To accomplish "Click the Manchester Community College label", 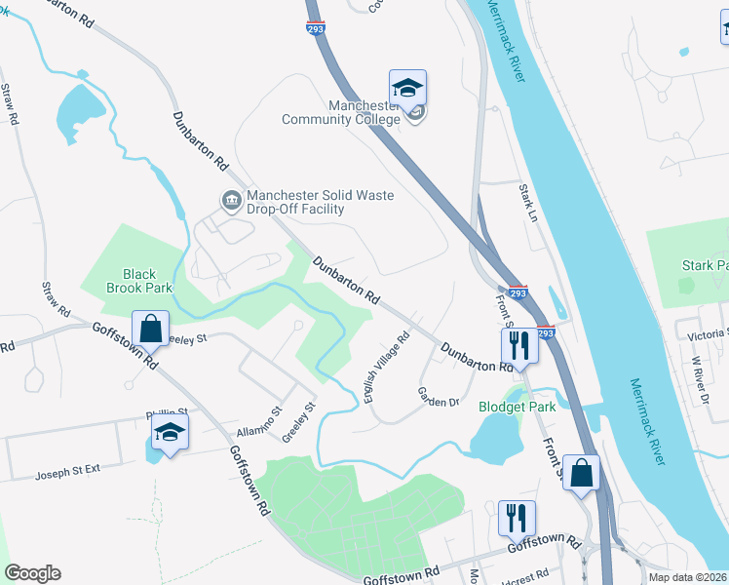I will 341,112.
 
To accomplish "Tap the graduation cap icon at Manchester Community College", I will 407,87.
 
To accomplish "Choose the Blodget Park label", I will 517,407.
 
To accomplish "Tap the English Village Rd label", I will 386,369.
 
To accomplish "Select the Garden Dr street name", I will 438,398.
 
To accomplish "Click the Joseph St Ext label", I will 68,474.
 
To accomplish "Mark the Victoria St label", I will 707,333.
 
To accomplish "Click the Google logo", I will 32,573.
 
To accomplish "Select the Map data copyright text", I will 688,577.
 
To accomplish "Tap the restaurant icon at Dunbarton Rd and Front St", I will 517,344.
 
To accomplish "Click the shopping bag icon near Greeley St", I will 152,328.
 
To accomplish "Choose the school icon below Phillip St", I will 171,434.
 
